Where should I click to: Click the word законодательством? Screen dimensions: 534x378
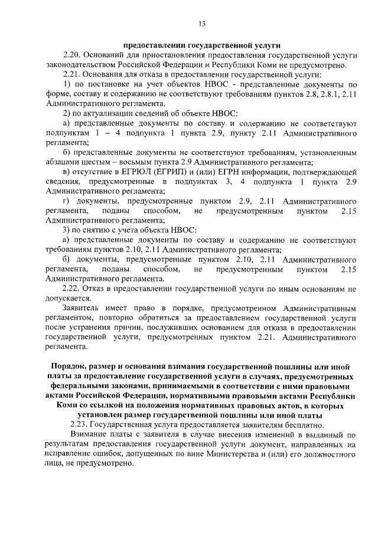pos(81,65)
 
